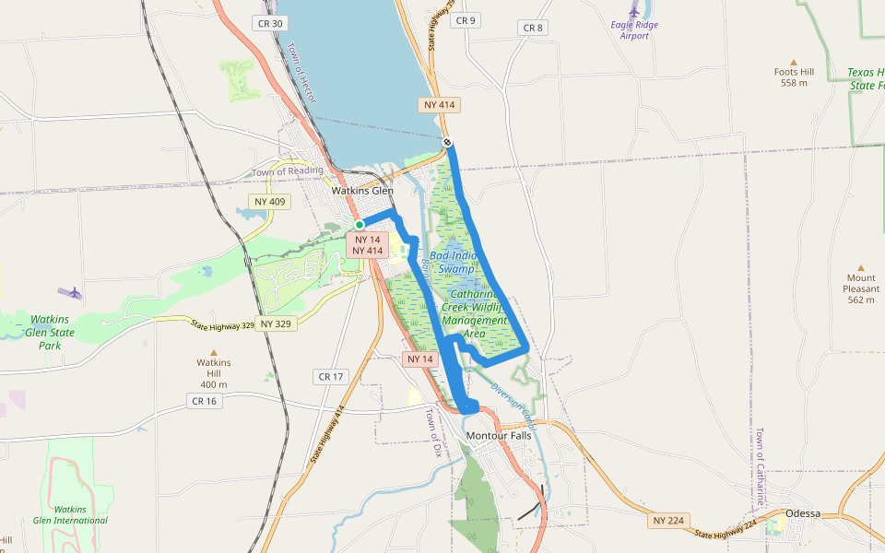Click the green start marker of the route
(x=360, y=225)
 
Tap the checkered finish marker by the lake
(x=446, y=142)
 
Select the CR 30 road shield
(x=272, y=23)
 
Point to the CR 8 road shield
(x=533, y=28)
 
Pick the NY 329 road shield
(x=277, y=324)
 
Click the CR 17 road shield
(x=330, y=376)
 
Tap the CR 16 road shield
(x=204, y=401)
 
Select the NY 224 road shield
(x=667, y=521)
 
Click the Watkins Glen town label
(x=363, y=191)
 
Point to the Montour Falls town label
(x=499, y=435)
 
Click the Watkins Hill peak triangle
(x=214, y=352)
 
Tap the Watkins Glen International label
(x=69, y=514)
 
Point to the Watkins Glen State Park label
(x=48, y=332)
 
